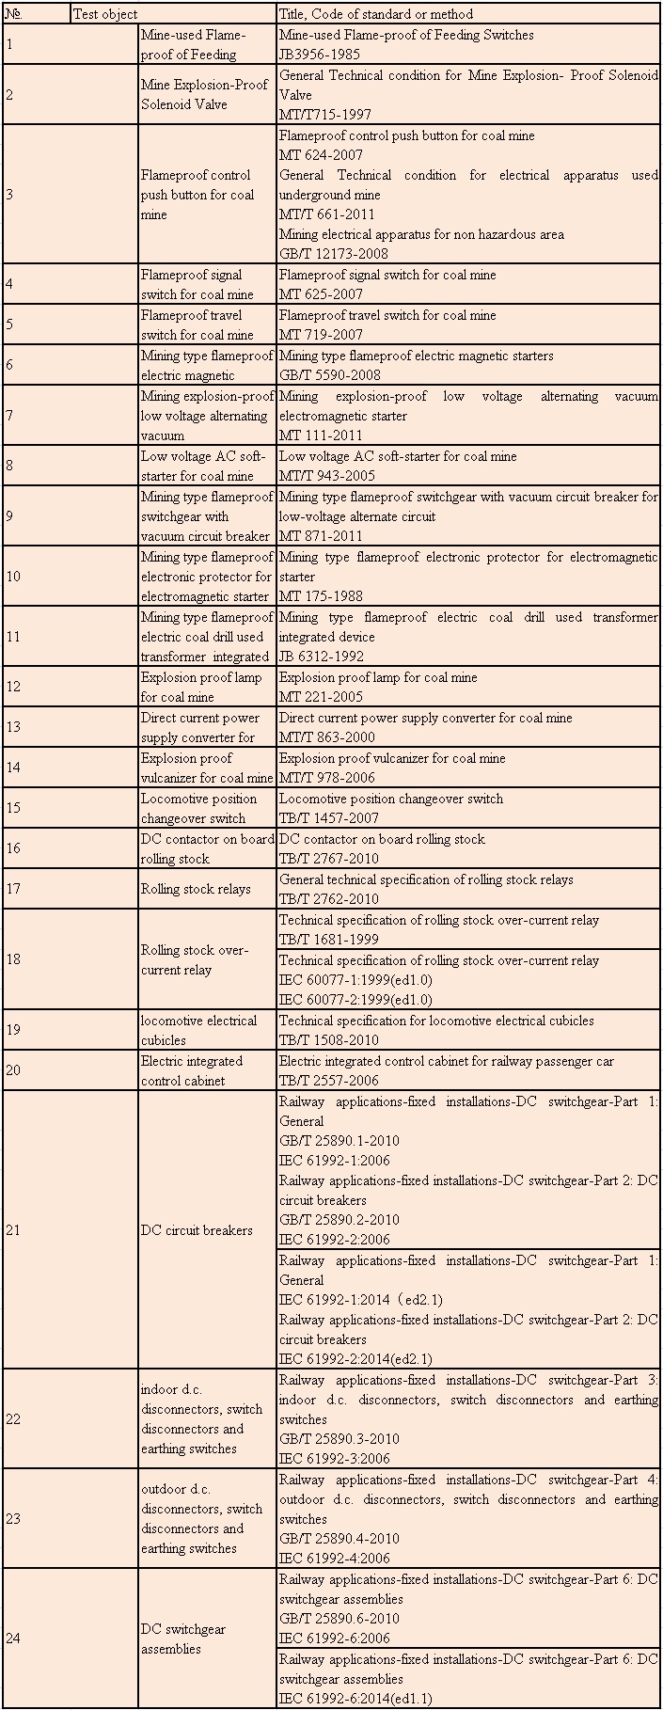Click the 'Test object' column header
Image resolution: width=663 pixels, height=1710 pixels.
105,14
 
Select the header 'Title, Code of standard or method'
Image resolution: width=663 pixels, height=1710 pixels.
375,14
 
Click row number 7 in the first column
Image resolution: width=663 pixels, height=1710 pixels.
9,416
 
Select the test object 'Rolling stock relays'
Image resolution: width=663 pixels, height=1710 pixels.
196,889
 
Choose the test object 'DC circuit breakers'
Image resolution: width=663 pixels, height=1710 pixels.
197,1230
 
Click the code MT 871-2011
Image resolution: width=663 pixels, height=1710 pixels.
321,536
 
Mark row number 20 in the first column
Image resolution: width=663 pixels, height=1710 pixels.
13,1070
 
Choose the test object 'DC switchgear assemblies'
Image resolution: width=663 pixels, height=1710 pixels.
183,1639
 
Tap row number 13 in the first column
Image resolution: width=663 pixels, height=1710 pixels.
13,727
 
